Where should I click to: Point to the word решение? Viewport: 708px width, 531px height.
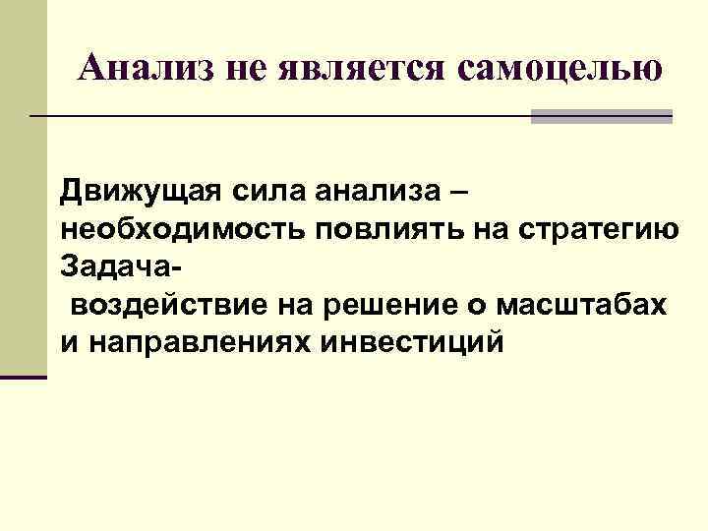(399, 305)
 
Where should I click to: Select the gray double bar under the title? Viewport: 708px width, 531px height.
(602, 117)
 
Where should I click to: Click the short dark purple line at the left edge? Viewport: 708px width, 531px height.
(24, 378)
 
